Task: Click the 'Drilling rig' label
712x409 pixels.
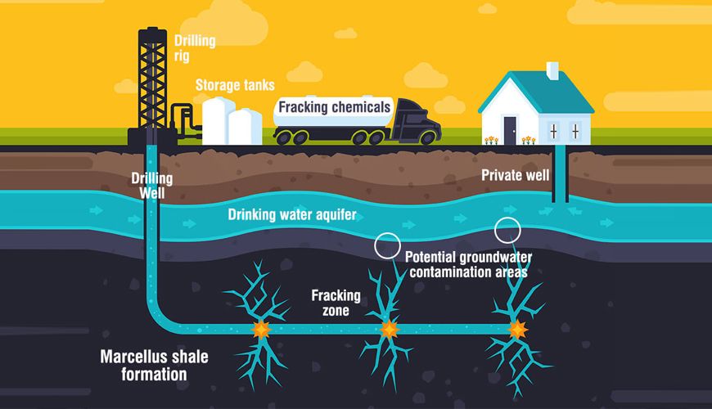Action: pos(195,48)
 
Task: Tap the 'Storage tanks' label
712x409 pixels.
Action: pos(235,85)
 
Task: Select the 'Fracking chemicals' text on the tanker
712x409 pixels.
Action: pos(334,107)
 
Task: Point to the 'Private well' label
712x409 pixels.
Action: pos(515,175)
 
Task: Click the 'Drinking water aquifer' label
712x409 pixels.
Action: pos(292,214)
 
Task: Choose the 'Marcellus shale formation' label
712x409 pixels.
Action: pos(154,366)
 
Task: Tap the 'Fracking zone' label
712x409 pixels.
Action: pos(336,303)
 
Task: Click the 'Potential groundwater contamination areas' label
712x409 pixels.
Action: pos(469,265)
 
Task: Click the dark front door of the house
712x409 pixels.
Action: pos(510,131)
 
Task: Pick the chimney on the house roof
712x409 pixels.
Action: pos(552,71)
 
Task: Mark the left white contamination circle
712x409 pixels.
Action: pos(387,245)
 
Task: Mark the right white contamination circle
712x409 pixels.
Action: pos(507,230)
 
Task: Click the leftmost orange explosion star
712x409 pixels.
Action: pos(261,329)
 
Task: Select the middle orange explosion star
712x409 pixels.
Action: pos(390,329)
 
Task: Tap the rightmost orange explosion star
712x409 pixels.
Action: pos(517,329)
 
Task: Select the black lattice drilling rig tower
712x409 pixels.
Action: pos(152,79)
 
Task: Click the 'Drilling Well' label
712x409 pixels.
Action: pos(151,186)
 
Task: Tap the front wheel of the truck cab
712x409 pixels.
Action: pos(427,137)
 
